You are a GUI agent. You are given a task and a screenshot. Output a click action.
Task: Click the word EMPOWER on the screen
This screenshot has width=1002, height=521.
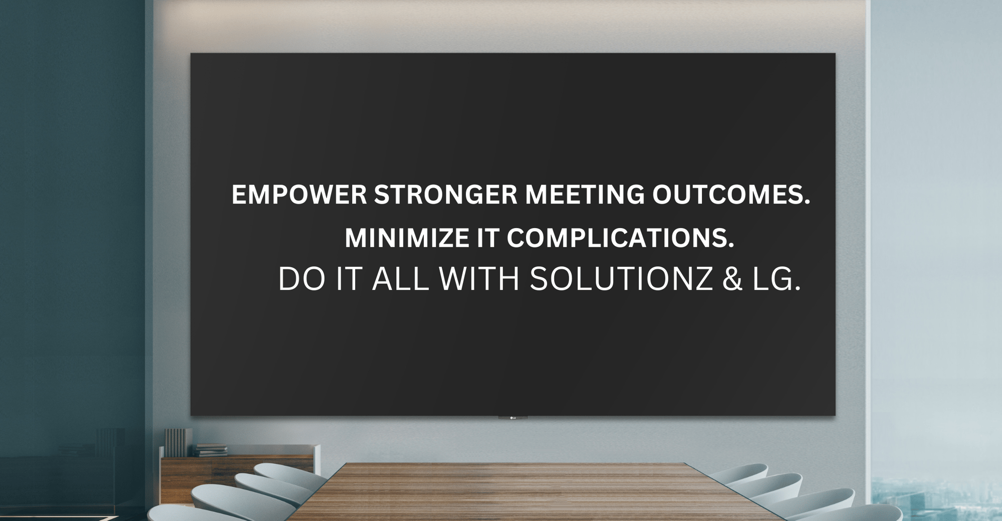[299, 195]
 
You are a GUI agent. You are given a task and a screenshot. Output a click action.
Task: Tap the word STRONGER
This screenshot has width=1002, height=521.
[445, 195]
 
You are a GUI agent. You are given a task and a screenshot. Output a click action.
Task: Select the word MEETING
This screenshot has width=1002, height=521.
[585, 195]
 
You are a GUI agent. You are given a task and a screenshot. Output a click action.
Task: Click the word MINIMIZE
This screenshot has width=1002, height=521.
[406, 238]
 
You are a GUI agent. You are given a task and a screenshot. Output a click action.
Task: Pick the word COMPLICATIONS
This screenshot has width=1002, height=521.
[620, 238]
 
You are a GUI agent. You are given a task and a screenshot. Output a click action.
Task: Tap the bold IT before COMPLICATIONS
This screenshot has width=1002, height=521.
[487, 238]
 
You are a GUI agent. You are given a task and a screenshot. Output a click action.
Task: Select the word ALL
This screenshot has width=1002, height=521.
[401, 279]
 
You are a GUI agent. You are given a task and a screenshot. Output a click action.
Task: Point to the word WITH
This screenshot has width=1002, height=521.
[479, 279]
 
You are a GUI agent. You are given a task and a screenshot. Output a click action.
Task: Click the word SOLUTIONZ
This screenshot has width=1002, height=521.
[621, 279]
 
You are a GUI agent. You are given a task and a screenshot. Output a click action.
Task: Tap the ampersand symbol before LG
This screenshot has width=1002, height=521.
[732, 279]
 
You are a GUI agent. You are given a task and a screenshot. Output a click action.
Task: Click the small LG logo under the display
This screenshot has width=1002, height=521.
[513, 418]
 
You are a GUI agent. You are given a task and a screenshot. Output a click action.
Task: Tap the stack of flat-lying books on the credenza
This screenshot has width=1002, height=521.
[210, 450]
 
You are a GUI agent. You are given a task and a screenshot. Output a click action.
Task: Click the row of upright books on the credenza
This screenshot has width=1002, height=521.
[177, 442]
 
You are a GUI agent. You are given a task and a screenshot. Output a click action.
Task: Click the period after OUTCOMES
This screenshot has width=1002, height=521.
[807, 202]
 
